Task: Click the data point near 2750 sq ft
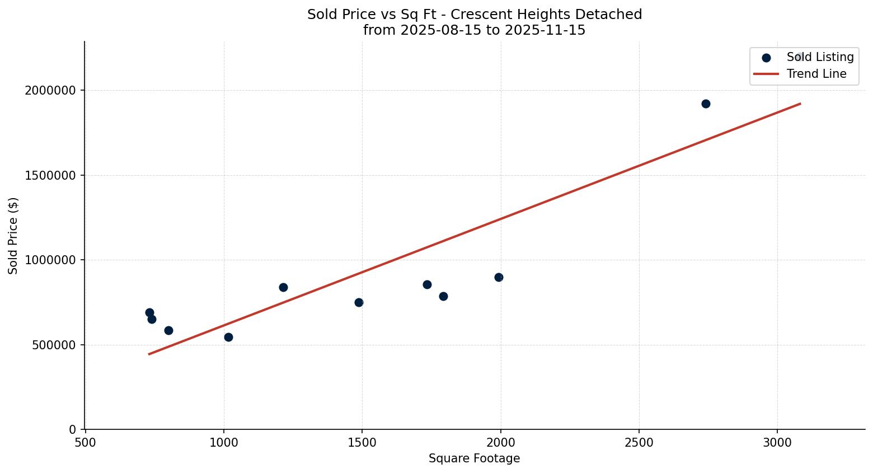pos(706,104)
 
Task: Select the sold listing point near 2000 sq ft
pos(499,277)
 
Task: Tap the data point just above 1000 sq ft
pos(228,337)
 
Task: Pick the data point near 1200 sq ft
pos(283,287)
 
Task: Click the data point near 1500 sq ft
pos(359,302)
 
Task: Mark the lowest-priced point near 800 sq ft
pos(168,330)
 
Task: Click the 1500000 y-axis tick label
pos(50,175)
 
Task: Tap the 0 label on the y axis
pos(73,430)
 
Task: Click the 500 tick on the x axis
pos(85,442)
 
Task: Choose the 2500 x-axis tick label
pos(639,442)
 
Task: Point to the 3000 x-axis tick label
pos(777,442)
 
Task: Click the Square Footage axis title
pos(474,459)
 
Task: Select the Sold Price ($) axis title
pos(13,236)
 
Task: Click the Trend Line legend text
pos(816,74)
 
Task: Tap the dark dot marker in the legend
pos(766,58)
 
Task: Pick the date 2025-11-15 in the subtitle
pos(545,30)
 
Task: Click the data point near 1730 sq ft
pos(427,284)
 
